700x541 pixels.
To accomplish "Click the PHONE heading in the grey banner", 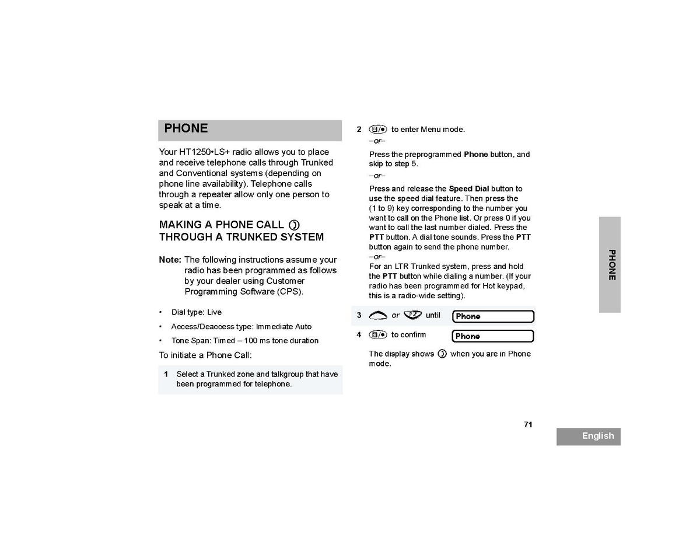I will click(x=186, y=128).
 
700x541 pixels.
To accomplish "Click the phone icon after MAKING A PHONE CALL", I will click(x=294, y=225).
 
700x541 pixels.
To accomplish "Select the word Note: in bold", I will click(x=170, y=260).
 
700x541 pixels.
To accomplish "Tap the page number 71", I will click(x=528, y=424).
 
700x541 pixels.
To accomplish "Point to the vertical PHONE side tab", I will click(x=611, y=265).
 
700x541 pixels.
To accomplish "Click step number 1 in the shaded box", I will click(x=166, y=374).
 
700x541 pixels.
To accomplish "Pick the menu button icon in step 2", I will click(x=378, y=130).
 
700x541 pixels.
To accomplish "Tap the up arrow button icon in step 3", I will click(x=378, y=316).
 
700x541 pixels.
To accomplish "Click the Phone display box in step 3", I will click(x=493, y=316).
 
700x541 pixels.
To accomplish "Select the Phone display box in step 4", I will click(x=493, y=336).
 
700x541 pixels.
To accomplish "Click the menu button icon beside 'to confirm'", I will click(x=378, y=335).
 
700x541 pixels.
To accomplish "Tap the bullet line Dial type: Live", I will click(x=196, y=312).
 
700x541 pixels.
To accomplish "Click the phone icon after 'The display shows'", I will click(x=442, y=354).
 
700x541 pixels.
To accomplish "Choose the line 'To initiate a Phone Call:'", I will click(x=205, y=355).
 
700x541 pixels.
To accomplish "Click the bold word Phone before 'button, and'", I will click(x=475, y=155).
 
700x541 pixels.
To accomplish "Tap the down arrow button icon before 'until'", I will click(x=412, y=315).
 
